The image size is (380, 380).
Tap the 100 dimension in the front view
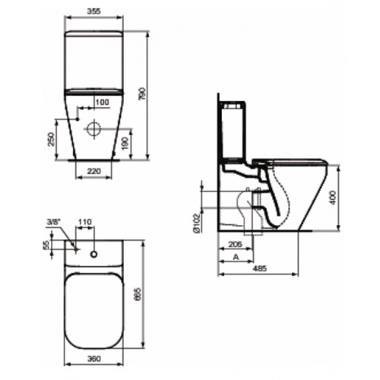(101, 102)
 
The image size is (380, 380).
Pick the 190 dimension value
(135, 142)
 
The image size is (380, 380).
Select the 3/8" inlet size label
(53, 222)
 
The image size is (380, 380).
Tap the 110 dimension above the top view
(84, 222)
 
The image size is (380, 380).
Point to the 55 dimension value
(46, 245)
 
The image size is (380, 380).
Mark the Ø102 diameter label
(198, 221)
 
